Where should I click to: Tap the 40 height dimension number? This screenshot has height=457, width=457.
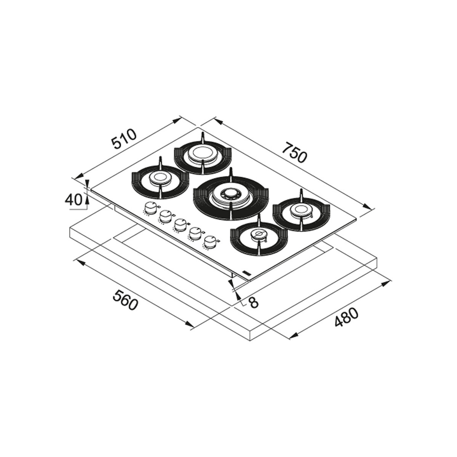click(74, 200)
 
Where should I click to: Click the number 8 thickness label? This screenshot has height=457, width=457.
click(254, 302)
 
